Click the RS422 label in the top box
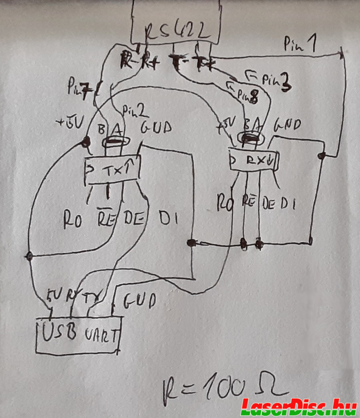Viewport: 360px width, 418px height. coord(177,32)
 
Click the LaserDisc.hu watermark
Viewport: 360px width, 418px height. coord(299,406)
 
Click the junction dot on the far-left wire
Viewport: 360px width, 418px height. coord(29,256)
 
